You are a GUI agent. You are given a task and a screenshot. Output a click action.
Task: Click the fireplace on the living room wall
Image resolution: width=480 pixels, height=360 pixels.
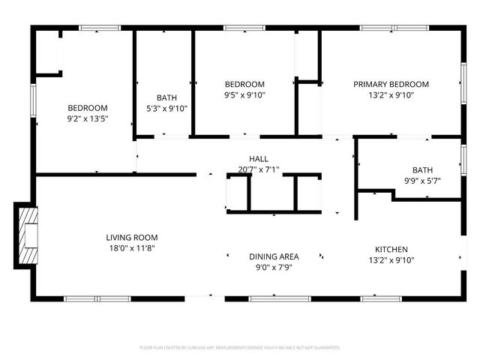(x=27, y=235)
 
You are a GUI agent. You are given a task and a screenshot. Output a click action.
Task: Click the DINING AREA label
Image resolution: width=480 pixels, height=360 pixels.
(x=274, y=256)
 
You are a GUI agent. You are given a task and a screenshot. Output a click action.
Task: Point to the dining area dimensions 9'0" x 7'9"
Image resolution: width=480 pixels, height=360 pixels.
(x=274, y=267)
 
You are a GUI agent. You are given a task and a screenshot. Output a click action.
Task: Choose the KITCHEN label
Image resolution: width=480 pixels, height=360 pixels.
(x=391, y=250)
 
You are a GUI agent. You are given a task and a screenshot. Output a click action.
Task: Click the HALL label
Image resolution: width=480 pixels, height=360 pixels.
(x=259, y=159)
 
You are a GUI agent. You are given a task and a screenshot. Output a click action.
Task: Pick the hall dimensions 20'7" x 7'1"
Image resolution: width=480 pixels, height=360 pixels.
(x=259, y=169)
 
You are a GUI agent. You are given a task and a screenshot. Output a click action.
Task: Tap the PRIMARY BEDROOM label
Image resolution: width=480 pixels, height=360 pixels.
(x=391, y=84)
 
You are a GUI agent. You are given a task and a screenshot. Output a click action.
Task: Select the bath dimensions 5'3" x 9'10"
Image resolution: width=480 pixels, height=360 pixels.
(x=166, y=108)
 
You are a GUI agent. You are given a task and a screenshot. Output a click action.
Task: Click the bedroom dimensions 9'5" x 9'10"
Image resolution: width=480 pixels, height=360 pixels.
(x=244, y=95)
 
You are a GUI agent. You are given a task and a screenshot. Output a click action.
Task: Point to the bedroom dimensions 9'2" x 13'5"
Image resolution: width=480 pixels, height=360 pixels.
(x=88, y=118)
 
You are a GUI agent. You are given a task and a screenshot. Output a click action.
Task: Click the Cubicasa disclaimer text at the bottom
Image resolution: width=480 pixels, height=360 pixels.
(x=240, y=348)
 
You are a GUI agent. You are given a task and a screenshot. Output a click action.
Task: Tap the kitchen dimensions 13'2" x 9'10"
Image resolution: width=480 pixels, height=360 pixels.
(x=391, y=260)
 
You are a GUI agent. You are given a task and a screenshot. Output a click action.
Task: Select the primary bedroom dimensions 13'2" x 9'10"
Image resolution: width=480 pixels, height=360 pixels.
(x=391, y=95)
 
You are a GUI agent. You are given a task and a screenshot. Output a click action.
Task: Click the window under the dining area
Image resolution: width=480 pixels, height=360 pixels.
(x=280, y=298)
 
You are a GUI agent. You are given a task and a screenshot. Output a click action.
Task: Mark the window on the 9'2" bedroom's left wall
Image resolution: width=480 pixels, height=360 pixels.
(x=33, y=101)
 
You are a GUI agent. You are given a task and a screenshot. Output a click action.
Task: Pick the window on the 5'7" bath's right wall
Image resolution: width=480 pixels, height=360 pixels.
(x=463, y=158)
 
